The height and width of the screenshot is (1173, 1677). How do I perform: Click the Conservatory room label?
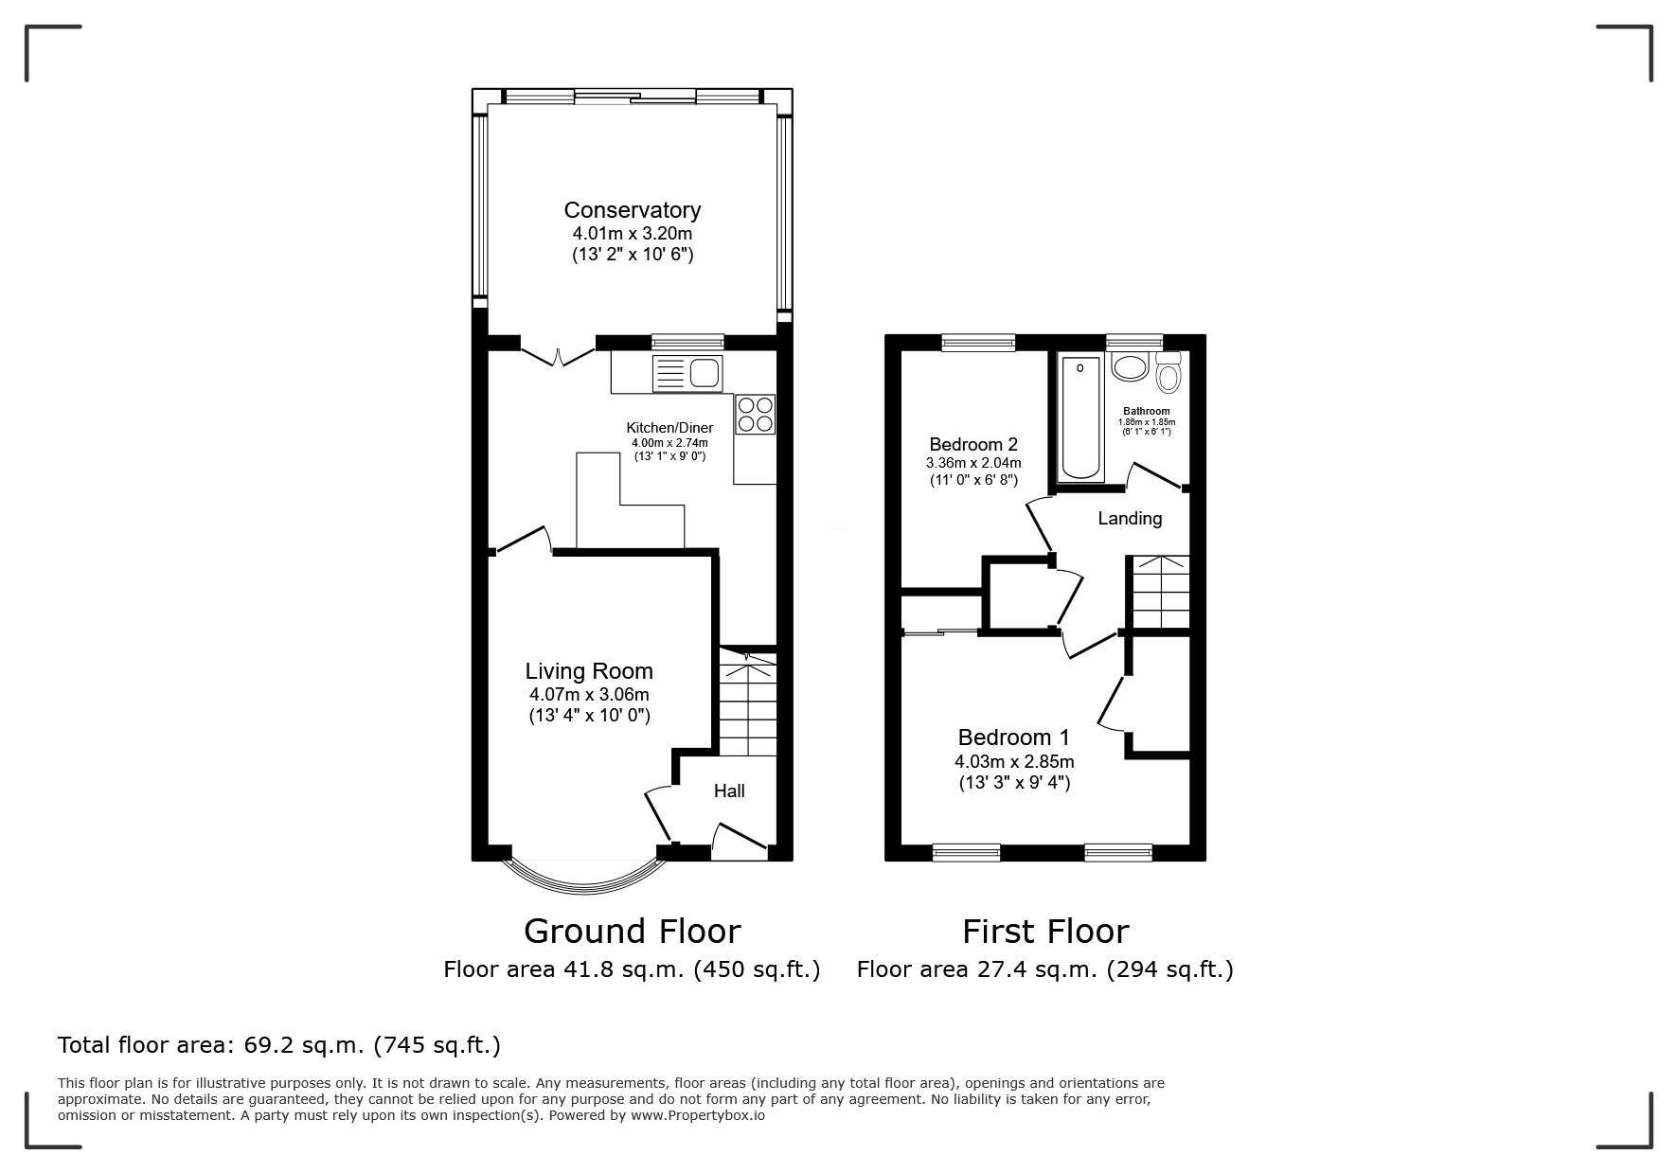pos(633,210)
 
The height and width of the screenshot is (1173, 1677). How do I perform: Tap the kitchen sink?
pos(687,373)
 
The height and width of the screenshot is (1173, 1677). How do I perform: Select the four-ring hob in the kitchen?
pos(755,415)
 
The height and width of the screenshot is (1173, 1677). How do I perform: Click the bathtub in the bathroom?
pos(1079,418)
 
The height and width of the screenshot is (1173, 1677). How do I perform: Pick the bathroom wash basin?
pos(1130,365)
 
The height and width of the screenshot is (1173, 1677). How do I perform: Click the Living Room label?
pos(589,671)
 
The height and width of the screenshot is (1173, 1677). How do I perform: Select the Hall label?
pos(729,791)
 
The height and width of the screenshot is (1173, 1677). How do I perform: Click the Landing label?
pos(1130,519)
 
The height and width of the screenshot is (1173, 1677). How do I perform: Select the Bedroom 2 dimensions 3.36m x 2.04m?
pos(973,463)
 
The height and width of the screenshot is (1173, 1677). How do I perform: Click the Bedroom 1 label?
pos(1013,738)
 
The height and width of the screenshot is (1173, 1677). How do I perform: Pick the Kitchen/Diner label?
pos(669,428)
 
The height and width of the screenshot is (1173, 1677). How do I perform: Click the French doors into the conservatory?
pos(558,353)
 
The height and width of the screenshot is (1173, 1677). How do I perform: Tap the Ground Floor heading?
pos(632,932)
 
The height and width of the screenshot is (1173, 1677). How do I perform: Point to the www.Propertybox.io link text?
pos(698,1115)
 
